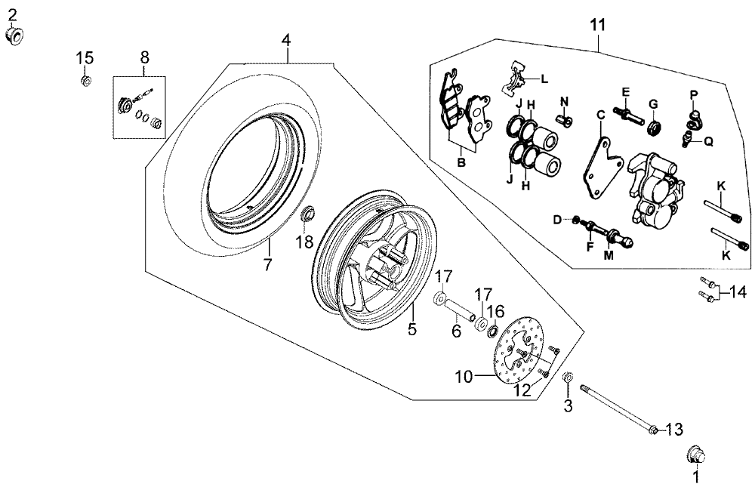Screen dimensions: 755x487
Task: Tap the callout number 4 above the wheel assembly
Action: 286,40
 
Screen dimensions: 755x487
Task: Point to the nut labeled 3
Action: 568,377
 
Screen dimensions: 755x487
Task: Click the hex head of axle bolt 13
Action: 654,429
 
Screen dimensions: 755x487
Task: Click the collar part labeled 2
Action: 15,35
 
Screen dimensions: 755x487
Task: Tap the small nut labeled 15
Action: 86,81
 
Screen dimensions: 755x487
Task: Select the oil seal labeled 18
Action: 307,214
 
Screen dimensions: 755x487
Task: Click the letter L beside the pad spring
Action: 544,79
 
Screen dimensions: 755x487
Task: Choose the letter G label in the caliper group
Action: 653,104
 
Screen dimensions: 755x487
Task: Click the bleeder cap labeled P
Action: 694,115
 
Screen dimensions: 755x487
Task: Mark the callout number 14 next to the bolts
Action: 738,292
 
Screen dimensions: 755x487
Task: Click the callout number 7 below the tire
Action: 267,264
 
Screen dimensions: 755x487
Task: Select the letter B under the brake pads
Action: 461,162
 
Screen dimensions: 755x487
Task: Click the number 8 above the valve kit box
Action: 144,57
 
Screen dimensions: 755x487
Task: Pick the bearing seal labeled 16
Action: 492,331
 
